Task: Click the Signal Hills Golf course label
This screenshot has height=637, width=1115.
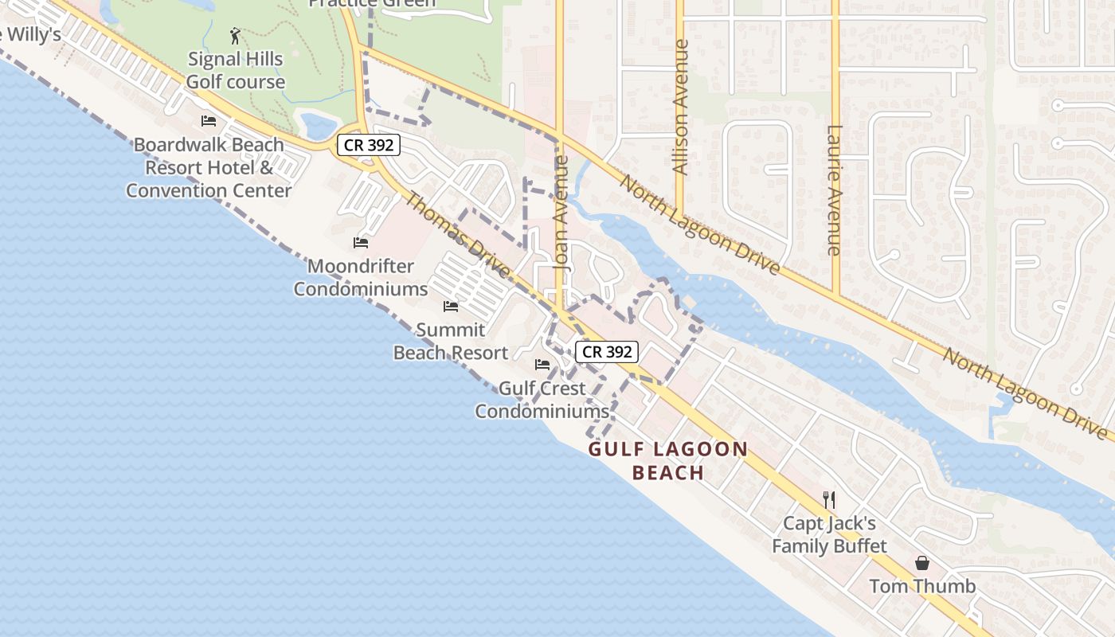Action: pos(235,70)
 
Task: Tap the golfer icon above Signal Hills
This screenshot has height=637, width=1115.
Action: pos(235,36)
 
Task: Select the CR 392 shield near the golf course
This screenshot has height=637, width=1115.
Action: pos(368,145)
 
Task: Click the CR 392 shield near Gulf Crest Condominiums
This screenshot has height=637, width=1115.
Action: pos(607,351)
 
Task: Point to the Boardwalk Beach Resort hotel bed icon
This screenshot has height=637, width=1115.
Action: pos(209,121)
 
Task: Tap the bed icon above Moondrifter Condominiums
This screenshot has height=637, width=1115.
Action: pos(361,242)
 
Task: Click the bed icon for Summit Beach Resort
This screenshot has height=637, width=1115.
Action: pos(451,307)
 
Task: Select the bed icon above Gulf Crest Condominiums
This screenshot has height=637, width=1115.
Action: pos(542,365)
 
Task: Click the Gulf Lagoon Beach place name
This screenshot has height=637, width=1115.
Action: pos(668,460)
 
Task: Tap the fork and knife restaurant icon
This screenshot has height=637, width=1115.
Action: pos(829,500)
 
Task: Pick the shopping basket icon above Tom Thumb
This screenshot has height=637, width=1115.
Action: pos(922,563)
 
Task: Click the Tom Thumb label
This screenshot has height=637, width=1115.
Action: pos(922,587)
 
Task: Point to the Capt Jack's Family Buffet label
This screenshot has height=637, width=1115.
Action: pos(829,534)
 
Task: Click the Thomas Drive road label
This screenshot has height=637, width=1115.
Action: pos(457,235)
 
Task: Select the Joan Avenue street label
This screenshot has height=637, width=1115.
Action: pos(562,213)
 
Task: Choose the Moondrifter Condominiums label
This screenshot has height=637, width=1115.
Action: pos(361,277)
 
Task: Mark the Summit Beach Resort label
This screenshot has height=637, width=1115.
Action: pos(451,341)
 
